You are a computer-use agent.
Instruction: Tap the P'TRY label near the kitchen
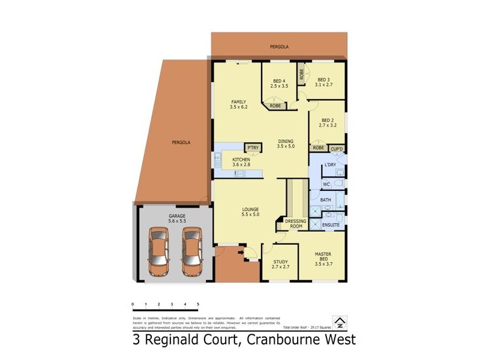tap(251, 147)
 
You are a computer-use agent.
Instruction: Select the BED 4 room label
tap(279, 81)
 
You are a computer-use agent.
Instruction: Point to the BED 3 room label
tap(324, 79)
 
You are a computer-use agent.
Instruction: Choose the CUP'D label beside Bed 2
tap(336, 148)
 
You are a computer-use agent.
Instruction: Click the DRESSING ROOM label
tap(295, 224)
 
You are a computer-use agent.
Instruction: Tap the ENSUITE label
tap(331, 225)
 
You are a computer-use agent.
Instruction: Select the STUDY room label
tap(280, 262)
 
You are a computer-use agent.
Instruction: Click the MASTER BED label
tap(323, 257)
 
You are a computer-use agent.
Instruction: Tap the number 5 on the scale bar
tap(198, 305)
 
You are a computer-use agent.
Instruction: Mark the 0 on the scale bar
tap(133, 305)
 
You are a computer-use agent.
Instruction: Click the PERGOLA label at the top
tap(279, 46)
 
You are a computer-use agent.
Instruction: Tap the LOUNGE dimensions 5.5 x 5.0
tap(250, 214)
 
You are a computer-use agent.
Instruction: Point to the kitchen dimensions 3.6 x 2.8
tap(241, 164)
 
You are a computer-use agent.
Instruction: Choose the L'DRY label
tap(329, 164)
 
